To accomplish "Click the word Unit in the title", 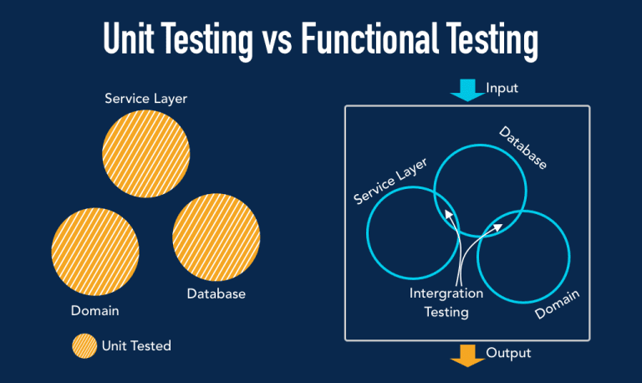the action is (129, 38).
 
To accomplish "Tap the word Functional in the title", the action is (369, 38).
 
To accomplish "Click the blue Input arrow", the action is (467, 89).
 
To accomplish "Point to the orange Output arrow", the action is (467, 355).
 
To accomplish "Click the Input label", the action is (502, 89).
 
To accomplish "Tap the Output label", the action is (508, 353).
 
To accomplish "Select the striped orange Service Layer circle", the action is (145, 154).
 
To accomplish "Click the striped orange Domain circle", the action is (95, 252).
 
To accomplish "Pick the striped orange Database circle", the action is (217, 237).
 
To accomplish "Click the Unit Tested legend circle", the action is (84, 345).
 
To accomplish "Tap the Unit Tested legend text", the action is (136, 345).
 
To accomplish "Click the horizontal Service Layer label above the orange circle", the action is (145, 99).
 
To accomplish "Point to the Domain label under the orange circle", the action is (95, 310).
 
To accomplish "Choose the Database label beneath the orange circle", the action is (217, 294).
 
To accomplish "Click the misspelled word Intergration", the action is (446, 294).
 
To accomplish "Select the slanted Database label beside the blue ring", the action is (522, 148).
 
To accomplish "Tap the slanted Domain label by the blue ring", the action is (558, 304).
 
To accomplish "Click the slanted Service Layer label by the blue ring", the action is (390, 181).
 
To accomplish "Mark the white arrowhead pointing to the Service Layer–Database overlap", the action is (449, 215).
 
